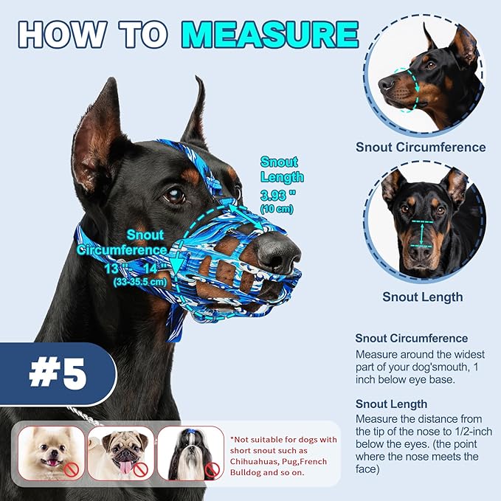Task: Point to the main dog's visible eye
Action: point(175,196)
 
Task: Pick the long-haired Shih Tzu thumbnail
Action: point(190,452)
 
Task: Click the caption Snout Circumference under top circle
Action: point(421,147)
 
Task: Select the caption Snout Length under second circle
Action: point(422,297)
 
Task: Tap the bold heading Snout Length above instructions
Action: point(391,404)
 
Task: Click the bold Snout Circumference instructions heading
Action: point(412,339)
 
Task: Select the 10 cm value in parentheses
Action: point(279,210)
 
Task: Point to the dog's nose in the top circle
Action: point(387,83)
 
